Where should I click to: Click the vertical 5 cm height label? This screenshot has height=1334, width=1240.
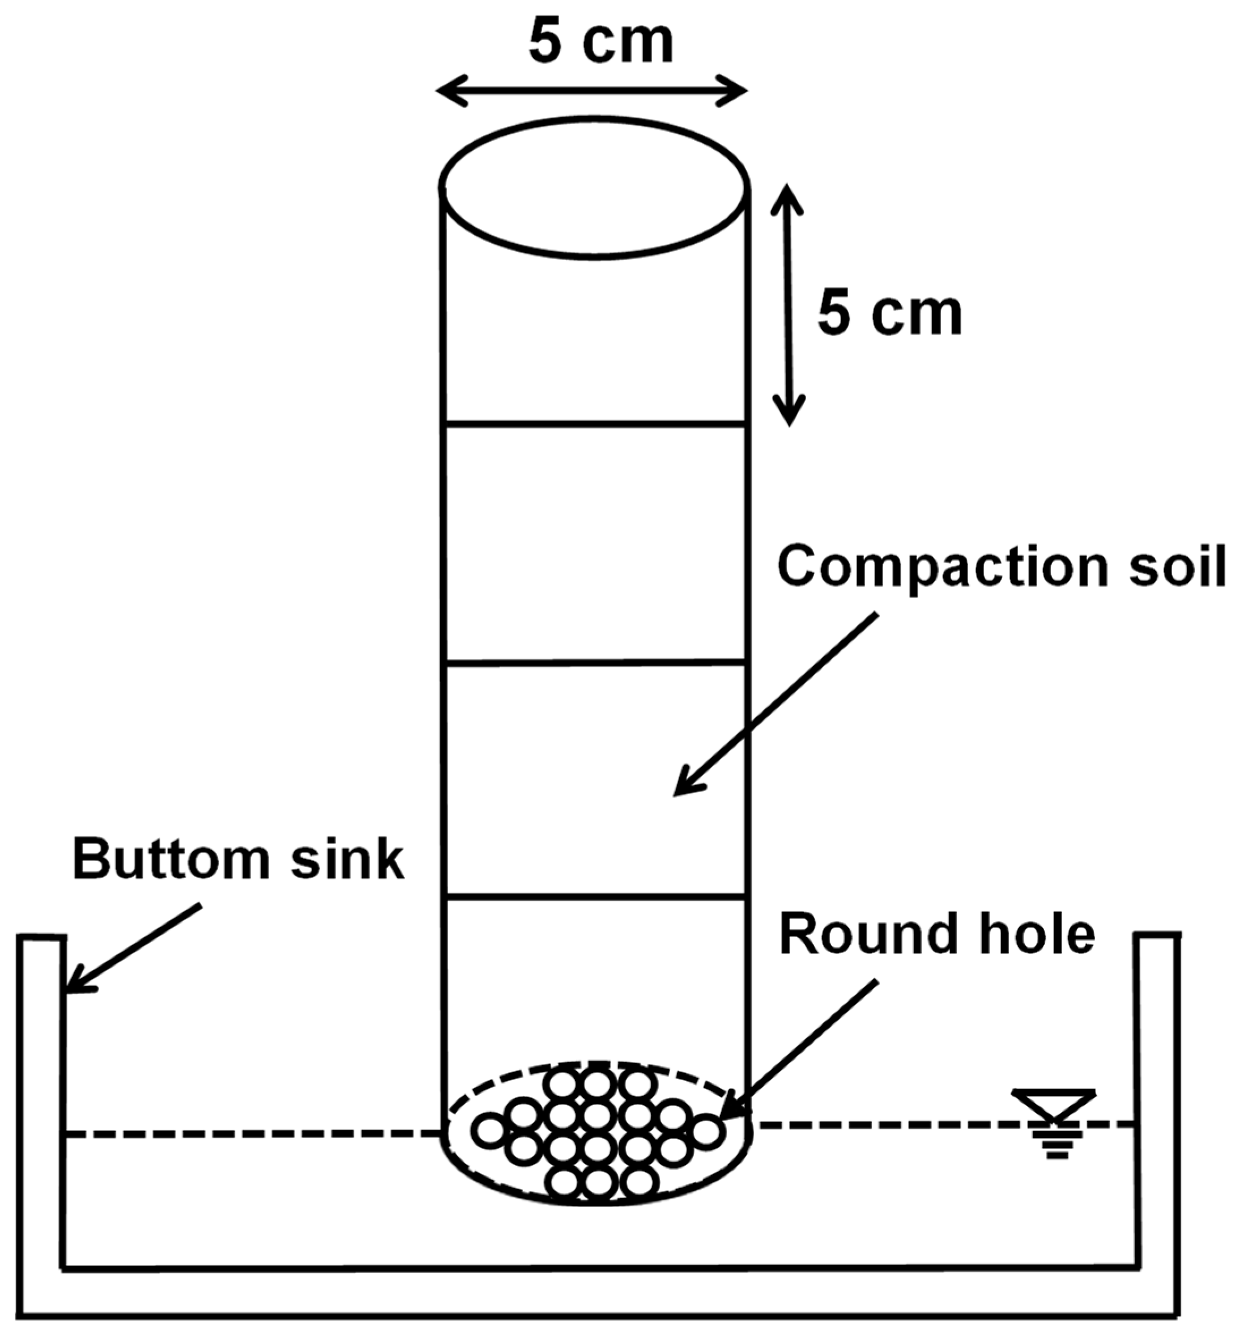(889, 315)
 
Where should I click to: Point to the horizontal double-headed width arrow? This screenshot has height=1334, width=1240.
(591, 91)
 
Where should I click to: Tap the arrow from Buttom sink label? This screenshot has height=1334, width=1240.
(134, 947)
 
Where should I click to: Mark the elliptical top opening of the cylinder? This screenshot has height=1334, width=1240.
(594, 186)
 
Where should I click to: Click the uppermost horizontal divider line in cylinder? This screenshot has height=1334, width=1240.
(594, 424)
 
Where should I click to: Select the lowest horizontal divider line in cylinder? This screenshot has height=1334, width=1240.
(594, 896)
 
